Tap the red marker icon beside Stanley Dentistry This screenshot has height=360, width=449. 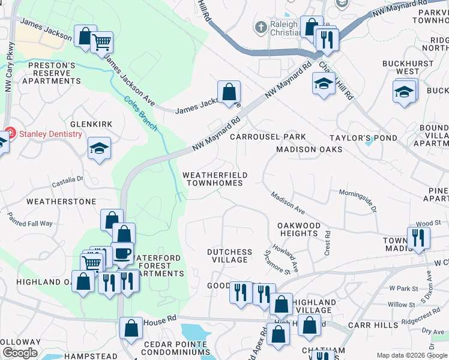9,134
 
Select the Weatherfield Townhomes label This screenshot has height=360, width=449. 215,179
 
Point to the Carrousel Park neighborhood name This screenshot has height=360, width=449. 268,137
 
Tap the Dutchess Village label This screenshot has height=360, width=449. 229,256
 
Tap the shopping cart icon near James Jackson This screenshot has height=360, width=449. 102,42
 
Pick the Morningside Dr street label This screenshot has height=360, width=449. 357,202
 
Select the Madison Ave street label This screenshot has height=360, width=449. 288,200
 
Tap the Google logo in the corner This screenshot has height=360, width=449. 20,353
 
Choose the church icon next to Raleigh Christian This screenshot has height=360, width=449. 261,27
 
